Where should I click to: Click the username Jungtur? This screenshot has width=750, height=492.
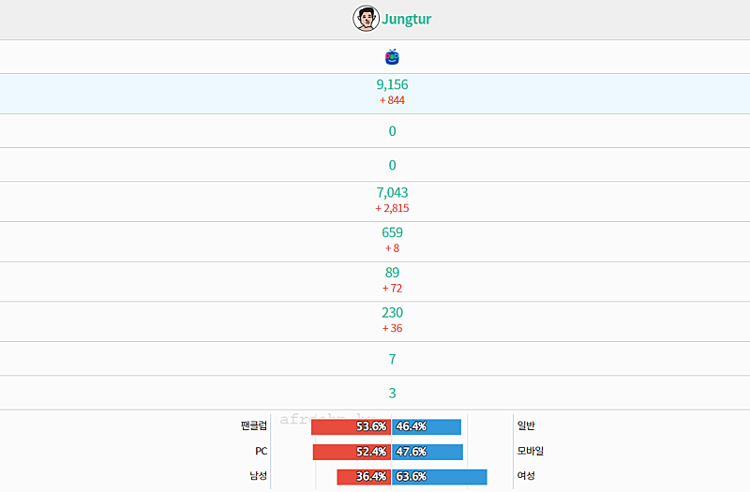pos(407,19)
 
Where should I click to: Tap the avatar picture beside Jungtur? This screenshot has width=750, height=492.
pos(366,19)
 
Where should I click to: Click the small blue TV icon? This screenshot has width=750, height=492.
pos(392,57)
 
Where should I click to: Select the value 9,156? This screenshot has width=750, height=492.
pos(392,84)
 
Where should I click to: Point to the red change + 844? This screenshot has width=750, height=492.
pos(392,100)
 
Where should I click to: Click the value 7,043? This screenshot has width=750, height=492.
pos(392,193)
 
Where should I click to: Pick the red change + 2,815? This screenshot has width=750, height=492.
pos(392,208)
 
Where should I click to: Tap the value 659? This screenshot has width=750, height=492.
pos(392,232)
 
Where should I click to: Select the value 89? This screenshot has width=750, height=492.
pos(392,273)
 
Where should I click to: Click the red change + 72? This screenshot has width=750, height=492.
pos(392,288)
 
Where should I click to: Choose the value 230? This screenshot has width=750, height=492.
pos(392,313)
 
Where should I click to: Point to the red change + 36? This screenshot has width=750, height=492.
pos(392,328)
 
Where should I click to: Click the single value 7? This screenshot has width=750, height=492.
pos(392,359)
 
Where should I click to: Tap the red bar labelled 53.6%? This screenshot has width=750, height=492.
pos(351,426)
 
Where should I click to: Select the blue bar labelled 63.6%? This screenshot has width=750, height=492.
pos(440,476)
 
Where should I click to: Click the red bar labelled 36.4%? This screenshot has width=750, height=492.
pos(364,476)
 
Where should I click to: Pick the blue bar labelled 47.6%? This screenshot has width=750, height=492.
pos(427,452)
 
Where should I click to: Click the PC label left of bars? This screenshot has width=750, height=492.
pos(261,451)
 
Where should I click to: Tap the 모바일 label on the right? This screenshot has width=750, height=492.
pos(531,451)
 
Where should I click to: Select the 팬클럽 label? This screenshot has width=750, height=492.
pos(253,425)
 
